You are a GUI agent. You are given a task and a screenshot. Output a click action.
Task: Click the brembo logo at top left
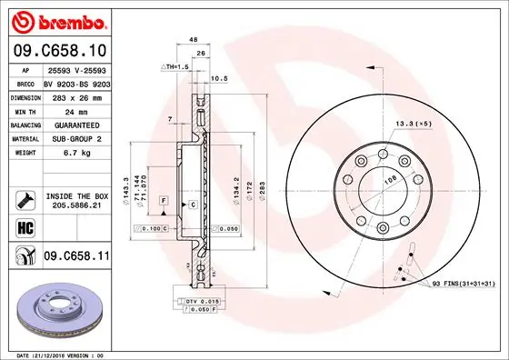[55, 20]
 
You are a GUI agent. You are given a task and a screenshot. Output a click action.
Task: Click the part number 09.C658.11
[75, 258]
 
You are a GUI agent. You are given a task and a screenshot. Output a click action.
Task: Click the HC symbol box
[23, 227]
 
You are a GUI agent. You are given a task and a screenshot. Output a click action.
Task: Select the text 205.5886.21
[76, 206]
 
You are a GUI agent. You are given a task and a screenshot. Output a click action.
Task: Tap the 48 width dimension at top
[193, 40]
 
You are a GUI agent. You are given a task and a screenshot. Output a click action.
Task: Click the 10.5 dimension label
[220, 78]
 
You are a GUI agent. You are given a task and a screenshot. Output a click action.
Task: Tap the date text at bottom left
[55, 354]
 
